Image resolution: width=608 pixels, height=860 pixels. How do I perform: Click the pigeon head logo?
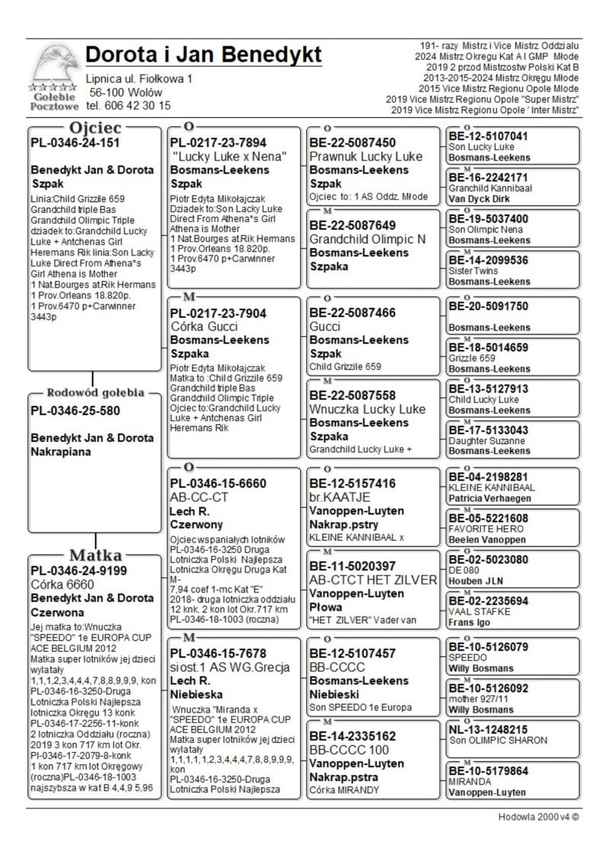coord(52,67)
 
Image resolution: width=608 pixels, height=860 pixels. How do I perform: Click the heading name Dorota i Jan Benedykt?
coord(204,55)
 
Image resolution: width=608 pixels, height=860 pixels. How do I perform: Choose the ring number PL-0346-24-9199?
coord(78,570)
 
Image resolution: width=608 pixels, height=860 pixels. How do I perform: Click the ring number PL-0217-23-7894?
coord(219,143)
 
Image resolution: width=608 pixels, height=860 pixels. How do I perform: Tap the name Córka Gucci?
coord(203,325)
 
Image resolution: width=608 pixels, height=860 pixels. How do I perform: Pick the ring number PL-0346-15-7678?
coord(219,654)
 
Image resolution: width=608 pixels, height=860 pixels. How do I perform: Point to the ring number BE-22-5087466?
coord(353,313)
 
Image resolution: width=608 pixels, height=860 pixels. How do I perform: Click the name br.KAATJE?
coord(340,497)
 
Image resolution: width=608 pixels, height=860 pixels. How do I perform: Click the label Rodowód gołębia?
coord(96,393)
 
